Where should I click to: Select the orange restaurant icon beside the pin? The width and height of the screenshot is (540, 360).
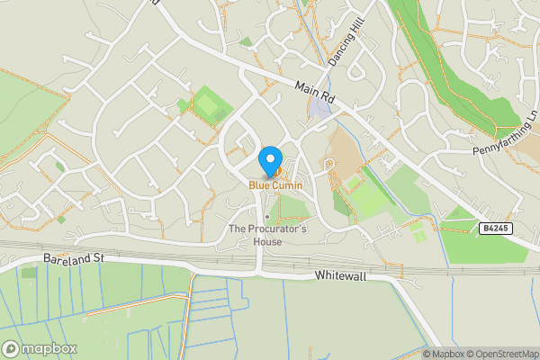point(279,170)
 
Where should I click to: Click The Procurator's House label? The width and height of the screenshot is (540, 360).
point(268,236)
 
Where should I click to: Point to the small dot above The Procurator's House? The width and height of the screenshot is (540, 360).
point(267,216)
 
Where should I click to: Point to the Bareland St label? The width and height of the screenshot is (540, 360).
point(75,259)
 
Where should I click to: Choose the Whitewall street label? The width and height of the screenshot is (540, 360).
point(341,276)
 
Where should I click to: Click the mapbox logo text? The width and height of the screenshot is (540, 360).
point(49,348)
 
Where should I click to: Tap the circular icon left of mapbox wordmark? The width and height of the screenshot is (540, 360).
point(11,348)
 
